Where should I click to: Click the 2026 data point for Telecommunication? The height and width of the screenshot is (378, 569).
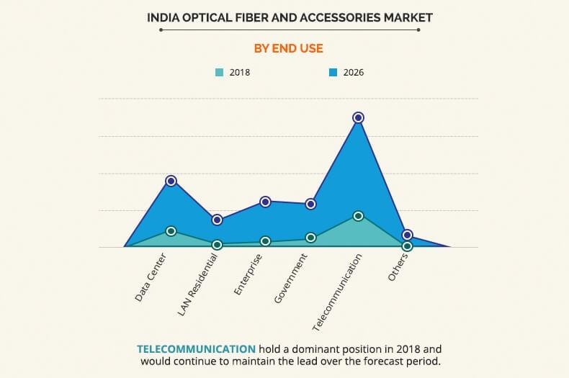pos(358,117)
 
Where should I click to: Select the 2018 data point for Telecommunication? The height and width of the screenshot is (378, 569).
pos(358,216)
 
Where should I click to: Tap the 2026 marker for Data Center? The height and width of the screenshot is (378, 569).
pos(171,181)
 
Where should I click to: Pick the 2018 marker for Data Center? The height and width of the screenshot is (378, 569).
pos(171,231)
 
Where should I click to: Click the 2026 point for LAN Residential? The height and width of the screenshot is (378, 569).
pos(217,220)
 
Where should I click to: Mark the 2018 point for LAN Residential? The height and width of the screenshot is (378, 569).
pos(217,245)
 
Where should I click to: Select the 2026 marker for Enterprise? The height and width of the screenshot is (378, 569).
pos(265,202)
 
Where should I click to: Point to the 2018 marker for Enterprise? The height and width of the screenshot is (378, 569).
pos(265,241)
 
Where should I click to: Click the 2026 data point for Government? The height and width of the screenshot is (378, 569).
pos(310,204)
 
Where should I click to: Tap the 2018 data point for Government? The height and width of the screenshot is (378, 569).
pos(310,238)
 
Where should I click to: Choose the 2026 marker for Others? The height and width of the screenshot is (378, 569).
pos(407,235)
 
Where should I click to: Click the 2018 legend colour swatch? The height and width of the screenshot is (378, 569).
pos(219,73)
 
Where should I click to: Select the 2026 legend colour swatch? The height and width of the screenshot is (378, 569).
pos(333,73)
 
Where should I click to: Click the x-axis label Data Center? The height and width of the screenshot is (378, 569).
pos(151,277)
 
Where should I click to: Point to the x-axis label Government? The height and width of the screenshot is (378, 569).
pos(291,278)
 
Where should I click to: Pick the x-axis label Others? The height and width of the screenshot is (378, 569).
pos(398,267)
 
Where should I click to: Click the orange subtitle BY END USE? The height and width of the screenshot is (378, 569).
pos(288,48)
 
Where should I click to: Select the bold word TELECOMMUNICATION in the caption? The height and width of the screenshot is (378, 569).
pos(196,348)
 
